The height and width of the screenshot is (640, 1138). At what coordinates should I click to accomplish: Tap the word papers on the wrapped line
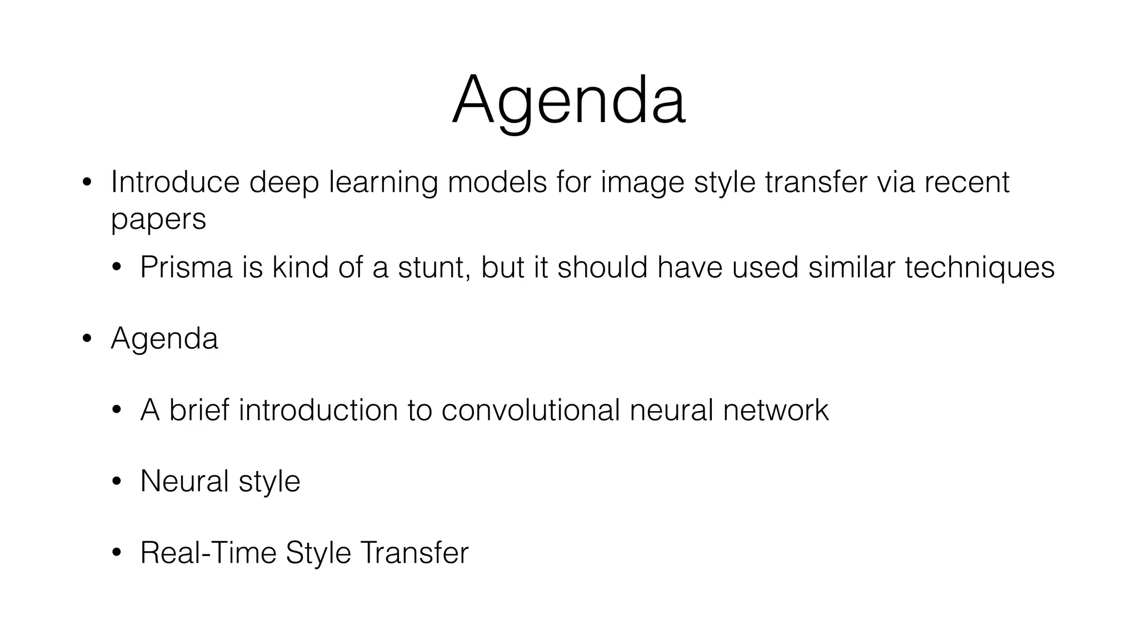click(158, 219)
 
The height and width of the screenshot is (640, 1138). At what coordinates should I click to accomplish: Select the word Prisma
click(186, 267)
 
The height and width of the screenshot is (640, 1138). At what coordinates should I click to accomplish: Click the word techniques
click(979, 267)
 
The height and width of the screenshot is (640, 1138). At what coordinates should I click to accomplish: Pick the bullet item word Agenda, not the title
click(164, 338)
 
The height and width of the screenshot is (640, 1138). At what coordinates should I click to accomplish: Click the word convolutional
click(530, 410)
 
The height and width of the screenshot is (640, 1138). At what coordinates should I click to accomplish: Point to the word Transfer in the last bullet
click(415, 553)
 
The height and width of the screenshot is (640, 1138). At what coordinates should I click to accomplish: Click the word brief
click(199, 410)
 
